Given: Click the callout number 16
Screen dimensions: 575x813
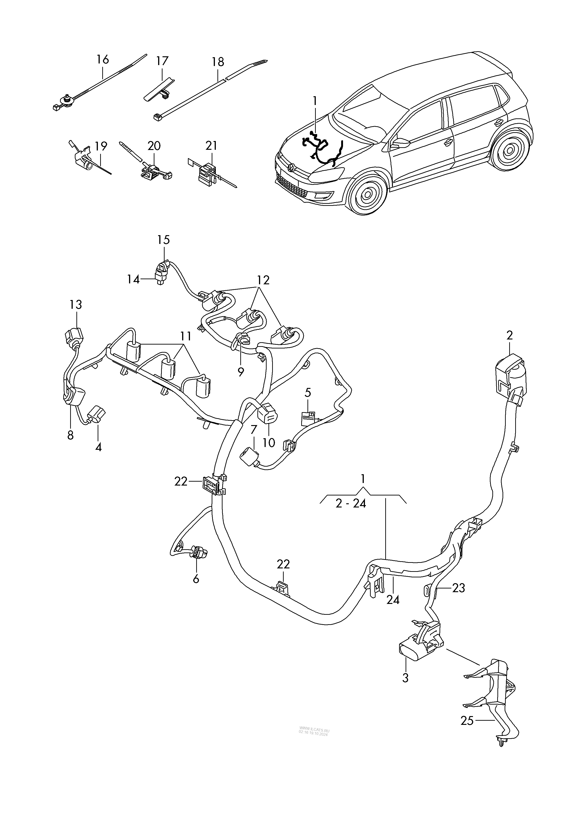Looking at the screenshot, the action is (103, 60).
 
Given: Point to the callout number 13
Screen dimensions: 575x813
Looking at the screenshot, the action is (76, 305).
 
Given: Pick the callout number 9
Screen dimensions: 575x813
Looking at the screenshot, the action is (241, 372).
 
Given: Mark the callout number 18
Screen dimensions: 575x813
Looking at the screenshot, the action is (218, 62).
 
